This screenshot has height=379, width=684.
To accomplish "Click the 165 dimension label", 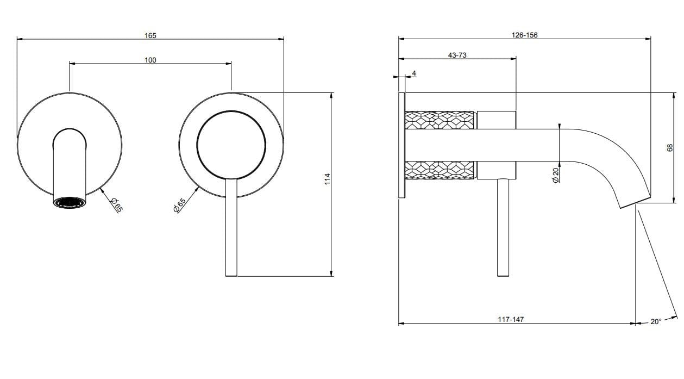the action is click(x=150, y=35).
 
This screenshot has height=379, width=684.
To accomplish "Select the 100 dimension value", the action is click(x=150, y=60).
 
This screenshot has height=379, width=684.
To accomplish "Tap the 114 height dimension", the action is click(x=328, y=179).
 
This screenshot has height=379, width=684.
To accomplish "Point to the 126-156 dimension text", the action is click(x=525, y=35).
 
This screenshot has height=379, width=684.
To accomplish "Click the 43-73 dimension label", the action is click(x=457, y=55).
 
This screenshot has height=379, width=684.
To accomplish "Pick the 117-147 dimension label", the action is click(x=511, y=319).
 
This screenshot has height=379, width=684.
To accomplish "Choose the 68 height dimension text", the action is click(x=670, y=147).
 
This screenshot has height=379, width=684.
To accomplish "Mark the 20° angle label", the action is click(x=656, y=321).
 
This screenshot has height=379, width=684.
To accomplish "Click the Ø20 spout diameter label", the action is click(x=555, y=175).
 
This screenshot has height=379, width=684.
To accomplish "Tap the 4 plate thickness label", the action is click(x=414, y=73).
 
